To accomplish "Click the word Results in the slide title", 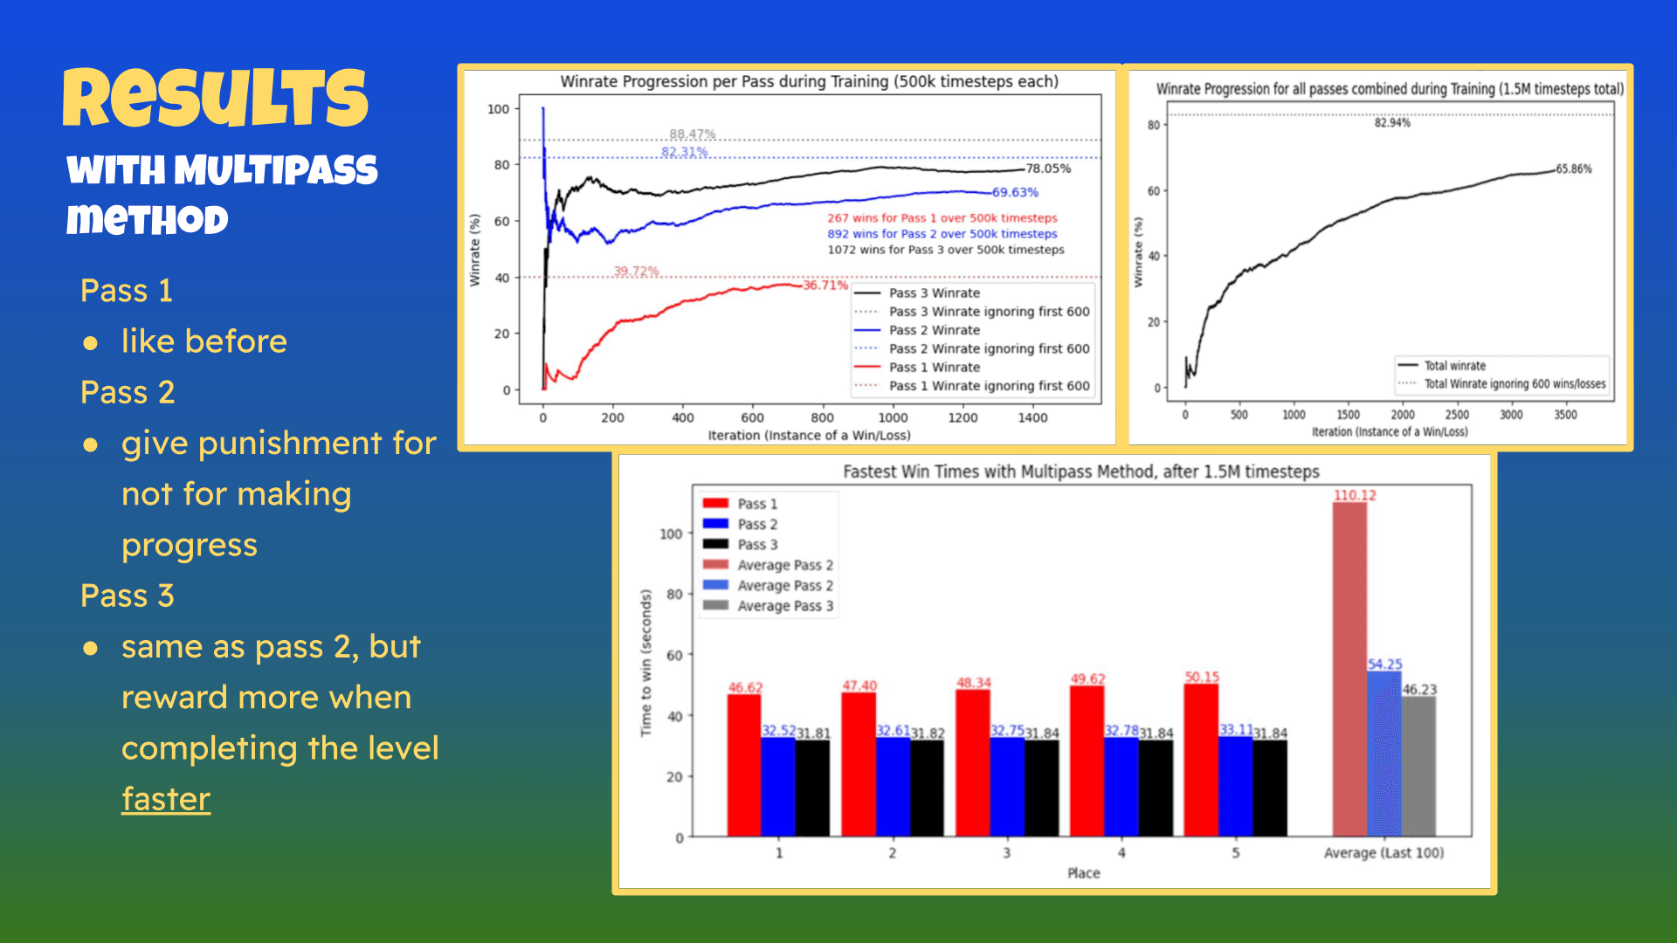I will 216,98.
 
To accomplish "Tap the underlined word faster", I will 166,799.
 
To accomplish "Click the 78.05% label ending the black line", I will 1048,169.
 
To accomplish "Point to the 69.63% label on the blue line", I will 1015,192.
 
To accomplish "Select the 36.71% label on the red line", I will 825,286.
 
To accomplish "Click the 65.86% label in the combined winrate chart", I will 1574,169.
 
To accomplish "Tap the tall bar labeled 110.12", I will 1349,668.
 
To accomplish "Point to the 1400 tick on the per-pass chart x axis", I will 1032,418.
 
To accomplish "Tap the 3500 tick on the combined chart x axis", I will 1565,415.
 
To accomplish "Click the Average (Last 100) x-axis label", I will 1384,853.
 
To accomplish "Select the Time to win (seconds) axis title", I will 646,663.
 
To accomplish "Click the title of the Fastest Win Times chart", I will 1081,471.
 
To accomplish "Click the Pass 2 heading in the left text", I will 128,393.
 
